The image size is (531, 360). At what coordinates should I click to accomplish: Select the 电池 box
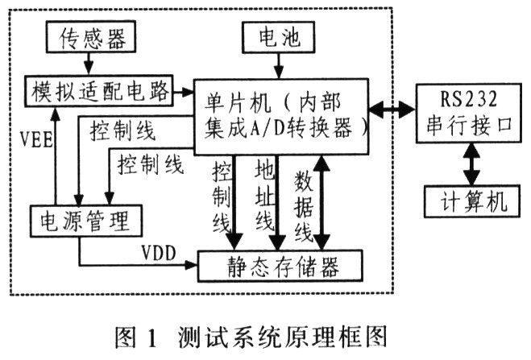(276, 37)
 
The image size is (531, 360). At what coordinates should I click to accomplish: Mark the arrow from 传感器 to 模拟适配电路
(84, 64)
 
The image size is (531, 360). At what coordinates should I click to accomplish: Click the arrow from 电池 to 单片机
(276, 64)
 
